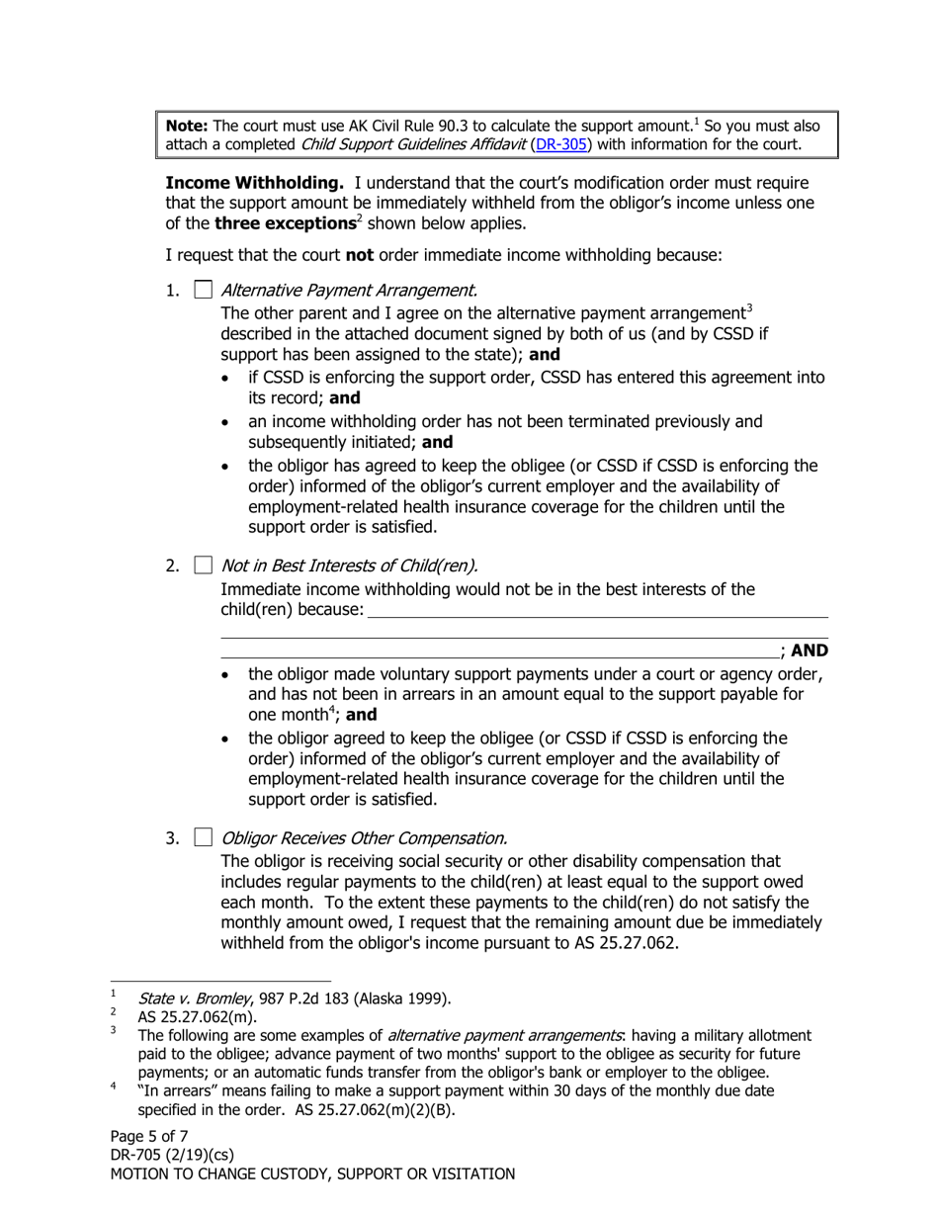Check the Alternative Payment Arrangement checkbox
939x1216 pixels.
tap(203, 290)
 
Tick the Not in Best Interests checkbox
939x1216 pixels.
tap(203, 565)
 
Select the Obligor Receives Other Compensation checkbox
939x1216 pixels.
tap(203, 838)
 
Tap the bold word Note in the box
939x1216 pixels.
tap(187, 126)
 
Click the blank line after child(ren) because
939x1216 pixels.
tap(597, 611)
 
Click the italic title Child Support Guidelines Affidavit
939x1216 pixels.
tap(414, 144)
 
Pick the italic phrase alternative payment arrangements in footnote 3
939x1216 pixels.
tap(505, 1035)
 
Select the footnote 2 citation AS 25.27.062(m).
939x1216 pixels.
tap(197, 1016)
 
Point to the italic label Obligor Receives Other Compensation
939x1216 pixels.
tap(364, 838)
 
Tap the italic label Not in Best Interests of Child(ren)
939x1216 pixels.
tap(349, 565)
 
